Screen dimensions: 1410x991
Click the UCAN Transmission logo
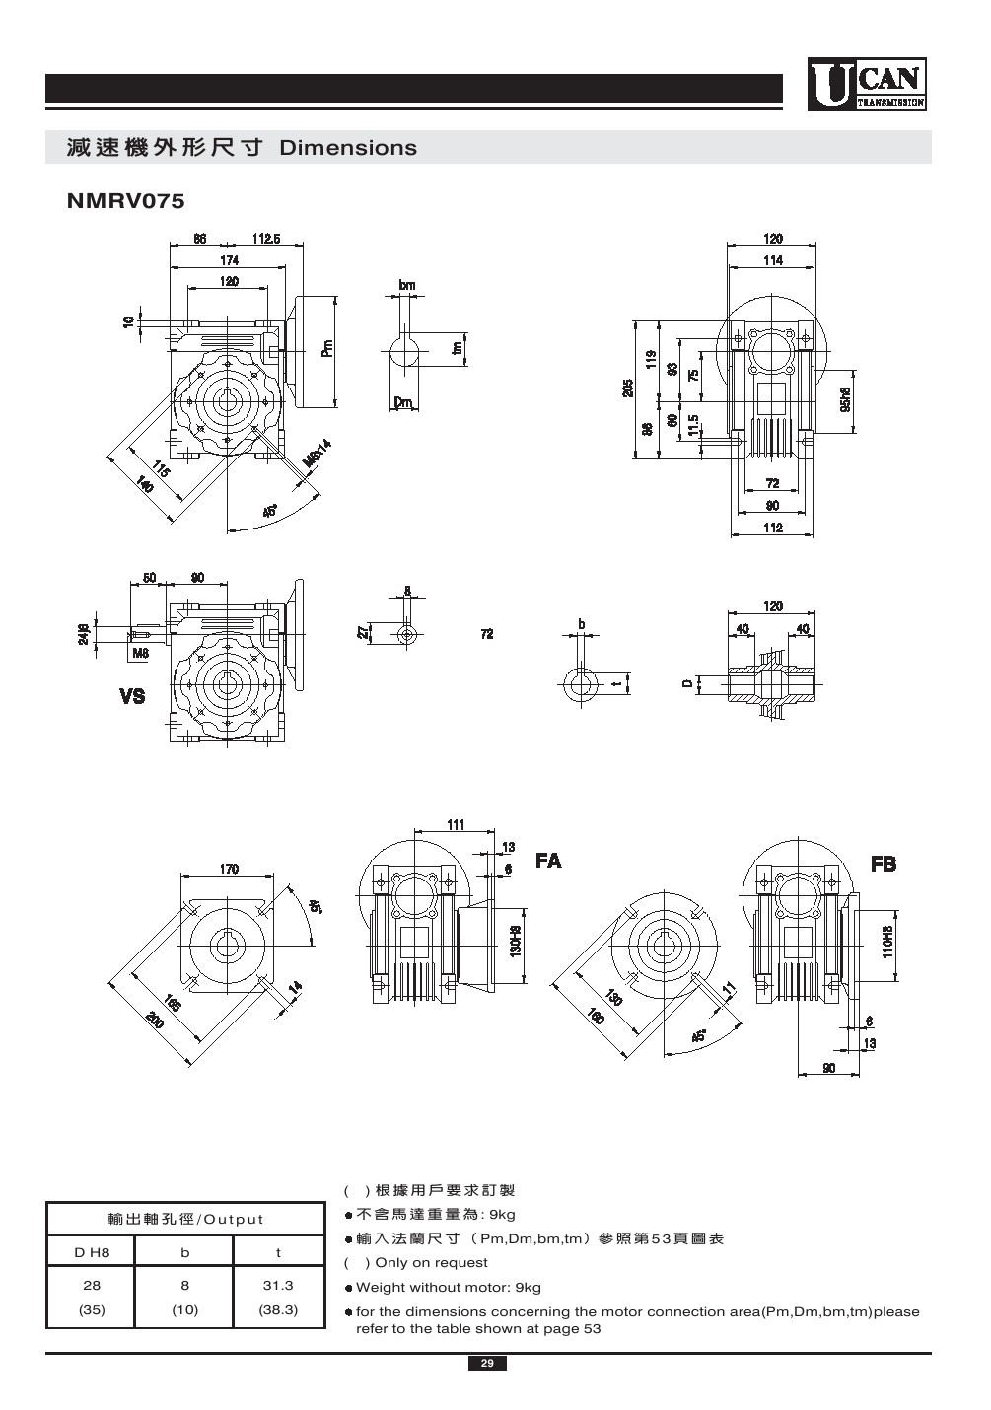[867, 84]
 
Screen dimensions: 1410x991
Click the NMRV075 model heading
[125, 201]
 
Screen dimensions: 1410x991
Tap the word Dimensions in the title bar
[348, 148]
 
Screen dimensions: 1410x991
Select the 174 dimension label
[229, 260]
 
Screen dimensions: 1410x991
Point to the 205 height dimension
[628, 388]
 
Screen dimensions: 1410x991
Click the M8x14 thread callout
[317, 455]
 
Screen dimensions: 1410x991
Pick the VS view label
[132, 696]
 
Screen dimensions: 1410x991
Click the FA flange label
[548, 861]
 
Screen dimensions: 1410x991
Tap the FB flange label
[884, 864]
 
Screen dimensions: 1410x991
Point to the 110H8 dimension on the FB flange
[887, 942]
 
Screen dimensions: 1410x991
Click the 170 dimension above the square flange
[228, 869]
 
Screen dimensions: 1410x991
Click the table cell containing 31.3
[278, 1286]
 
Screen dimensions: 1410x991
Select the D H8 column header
[91, 1252]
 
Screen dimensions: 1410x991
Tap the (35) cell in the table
[91, 1310]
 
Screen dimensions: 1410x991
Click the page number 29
[487, 1364]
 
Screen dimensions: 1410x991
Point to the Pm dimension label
[327, 348]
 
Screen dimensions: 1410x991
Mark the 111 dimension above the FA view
[456, 824]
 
